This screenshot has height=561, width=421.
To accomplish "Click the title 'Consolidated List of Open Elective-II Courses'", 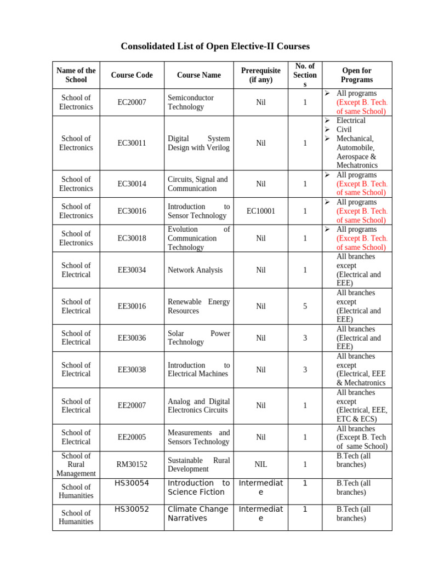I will tap(215, 46).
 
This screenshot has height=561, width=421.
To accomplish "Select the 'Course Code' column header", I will tap(132, 75).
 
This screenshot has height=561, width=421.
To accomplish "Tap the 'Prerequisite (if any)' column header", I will tap(261, 75).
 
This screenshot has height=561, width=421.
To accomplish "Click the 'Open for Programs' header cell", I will tap(357, 75).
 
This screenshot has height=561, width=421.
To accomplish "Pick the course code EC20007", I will tap(132, 102).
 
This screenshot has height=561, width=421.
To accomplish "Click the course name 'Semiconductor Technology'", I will tap(191, 102).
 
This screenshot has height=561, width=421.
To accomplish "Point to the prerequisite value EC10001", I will tap(261, 211).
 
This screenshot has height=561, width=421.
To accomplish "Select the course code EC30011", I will tap(132, 143).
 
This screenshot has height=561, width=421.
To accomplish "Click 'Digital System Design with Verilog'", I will tap(198, 143).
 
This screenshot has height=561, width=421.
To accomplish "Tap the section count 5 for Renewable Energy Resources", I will tap(305, 306).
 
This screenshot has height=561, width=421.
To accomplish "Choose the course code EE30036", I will tap(132, 338).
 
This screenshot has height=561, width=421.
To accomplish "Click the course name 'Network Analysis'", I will tap(195, 270).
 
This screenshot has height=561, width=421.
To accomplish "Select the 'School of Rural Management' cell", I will tap(76, 465).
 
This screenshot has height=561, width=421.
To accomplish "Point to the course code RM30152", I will tap(132, 465).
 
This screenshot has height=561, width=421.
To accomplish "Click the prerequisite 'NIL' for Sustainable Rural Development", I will tap(261, 465).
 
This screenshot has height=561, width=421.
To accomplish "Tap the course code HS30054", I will tap(132, 483).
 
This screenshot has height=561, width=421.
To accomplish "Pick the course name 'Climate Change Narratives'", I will tap(198, 514).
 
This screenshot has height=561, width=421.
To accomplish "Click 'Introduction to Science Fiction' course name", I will tap(198, 488).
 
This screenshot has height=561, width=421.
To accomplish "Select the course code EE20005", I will tap(132, 437).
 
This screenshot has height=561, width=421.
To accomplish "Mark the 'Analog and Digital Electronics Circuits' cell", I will tap(198, 406).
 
